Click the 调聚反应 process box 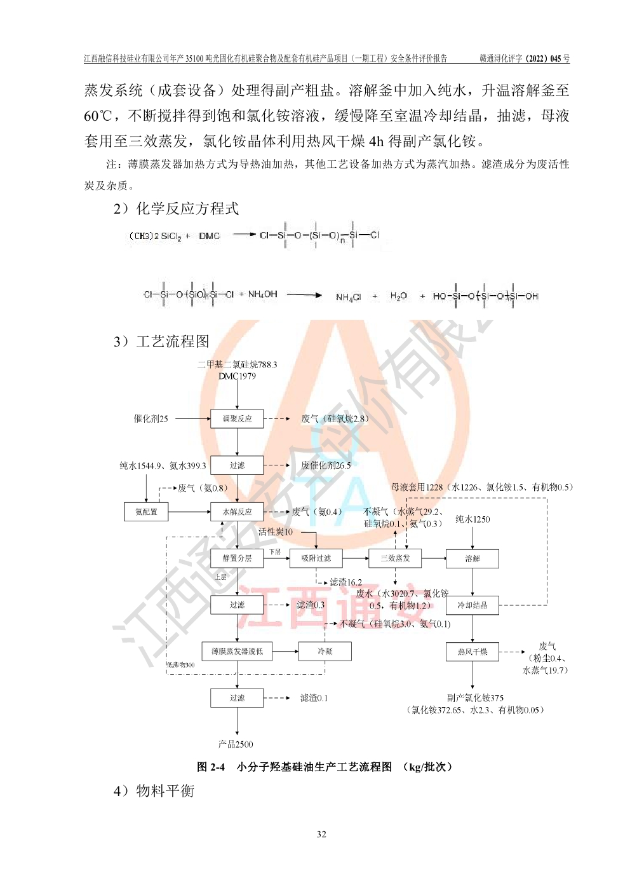pyautogui.click(x=237, y=418)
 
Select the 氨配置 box pyautogui.click(x=146, y=512)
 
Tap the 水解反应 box pyautogui.click(x=237, y=512)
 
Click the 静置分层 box pyautogui.click(x=237, y=558)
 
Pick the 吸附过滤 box pyautogui.click(x=316, y=558)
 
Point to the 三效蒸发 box pyautogui.click(x=395, y=558)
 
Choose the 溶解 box pyautogui.click(x=473, y=559)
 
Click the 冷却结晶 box pyautogui.click(x=473, y=605)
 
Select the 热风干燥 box pyautogui.click(x=473, y=652)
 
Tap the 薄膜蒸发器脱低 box pyautogui.click(x=237, y=652)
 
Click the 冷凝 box pyautogui.click(x=325, y=652)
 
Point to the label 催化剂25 pyautogui.click(x=151, y=418)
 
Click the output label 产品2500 pyautogui.click(x=236, y=744)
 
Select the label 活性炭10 pyautogui.click(x=276, y=532)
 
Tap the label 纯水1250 pyautogui.click(x=473, y=519)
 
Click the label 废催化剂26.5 pyautogui.click(x=325, y=465)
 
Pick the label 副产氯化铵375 pyautogui.click(x=475, y=697)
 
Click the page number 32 pyautogui.click(x=321, y=834)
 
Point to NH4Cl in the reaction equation pyautogui.click(x=348, y=297)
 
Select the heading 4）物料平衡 pyautogui.click(x=154, y=791)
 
